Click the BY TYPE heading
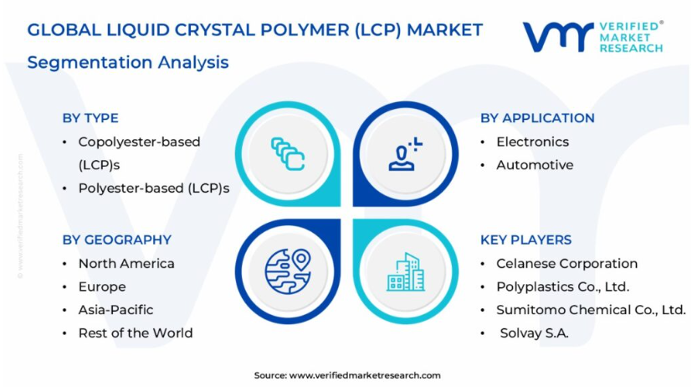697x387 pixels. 90,118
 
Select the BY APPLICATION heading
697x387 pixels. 537,118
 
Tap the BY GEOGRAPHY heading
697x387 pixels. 116,240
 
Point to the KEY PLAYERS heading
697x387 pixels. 525,240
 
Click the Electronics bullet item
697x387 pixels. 532,142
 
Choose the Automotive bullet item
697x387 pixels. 535,165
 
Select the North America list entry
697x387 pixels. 126,264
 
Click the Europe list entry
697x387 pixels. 102,287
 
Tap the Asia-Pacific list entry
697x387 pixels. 115,310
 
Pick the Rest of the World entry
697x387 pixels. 136,333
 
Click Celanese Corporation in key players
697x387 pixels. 566,264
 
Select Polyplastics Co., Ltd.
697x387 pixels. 563,287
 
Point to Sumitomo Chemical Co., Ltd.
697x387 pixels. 591,310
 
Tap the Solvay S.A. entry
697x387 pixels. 535,333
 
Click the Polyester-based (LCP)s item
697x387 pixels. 154,188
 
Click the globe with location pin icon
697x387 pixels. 288,271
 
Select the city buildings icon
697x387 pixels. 405,271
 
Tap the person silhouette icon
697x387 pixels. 405,154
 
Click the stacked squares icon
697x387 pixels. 288,154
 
